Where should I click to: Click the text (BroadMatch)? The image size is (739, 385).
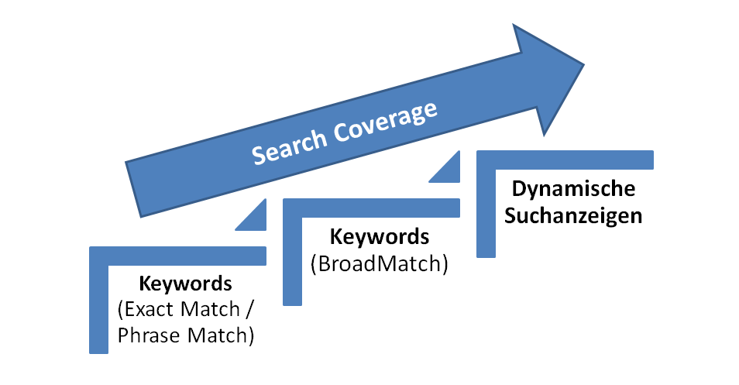(x=379, y=263)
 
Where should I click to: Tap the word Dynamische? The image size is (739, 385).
(x=574, y=188)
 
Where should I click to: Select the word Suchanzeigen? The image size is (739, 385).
(x=573, y=215)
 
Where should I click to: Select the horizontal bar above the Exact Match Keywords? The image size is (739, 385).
(x=178, y=256)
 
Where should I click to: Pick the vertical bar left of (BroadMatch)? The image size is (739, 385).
(x=292, y=256)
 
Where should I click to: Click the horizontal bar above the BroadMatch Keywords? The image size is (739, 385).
(x=372, y=208)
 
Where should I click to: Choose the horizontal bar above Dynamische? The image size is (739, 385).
(x=565, y=160)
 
